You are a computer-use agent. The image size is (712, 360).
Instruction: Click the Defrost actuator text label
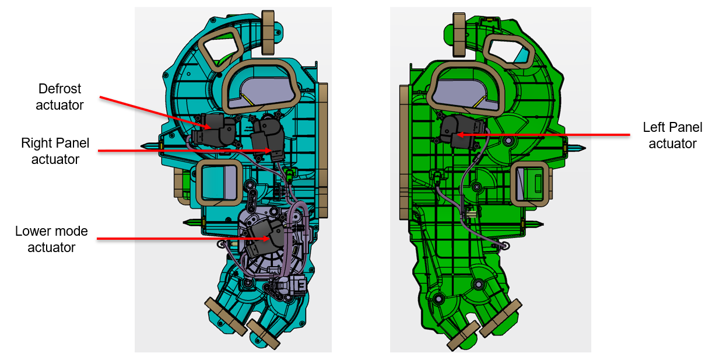click(x=59, y=97)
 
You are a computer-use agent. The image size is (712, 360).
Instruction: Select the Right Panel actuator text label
click(x=55, y=151)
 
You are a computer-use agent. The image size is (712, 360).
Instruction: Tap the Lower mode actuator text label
click(x=51, y=239)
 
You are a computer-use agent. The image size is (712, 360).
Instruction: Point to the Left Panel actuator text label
click(x=672, y=135)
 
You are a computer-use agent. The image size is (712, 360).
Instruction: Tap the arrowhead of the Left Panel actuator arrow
click(x=460, y=135)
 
